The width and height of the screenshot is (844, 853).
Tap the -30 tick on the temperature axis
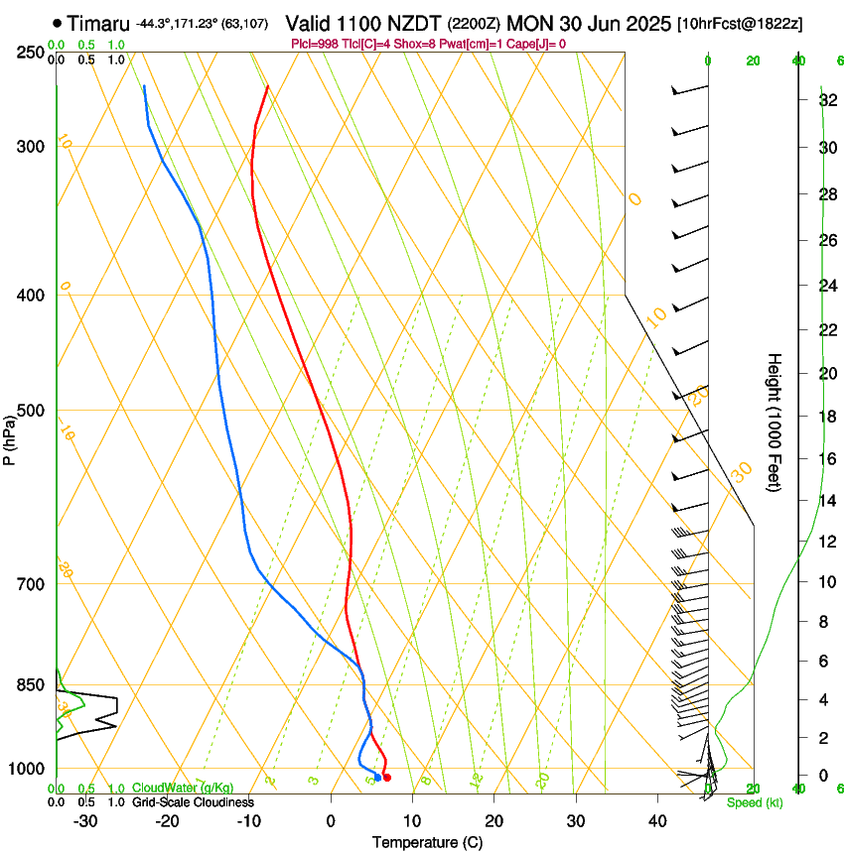click(85, 821)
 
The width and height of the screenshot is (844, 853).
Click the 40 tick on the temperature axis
click(657, 821)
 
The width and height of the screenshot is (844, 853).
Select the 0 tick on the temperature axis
click(331, 821)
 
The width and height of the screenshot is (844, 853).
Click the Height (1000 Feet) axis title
click(774, 422)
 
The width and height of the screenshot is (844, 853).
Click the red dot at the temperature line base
click(386, 778)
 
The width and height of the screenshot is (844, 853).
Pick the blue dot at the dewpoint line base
click(377, 778)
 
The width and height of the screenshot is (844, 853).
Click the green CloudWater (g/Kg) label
click(182, 789)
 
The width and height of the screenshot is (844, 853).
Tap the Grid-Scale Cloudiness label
click(193, 802)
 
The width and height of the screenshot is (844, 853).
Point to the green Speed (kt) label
click(754, 802)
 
